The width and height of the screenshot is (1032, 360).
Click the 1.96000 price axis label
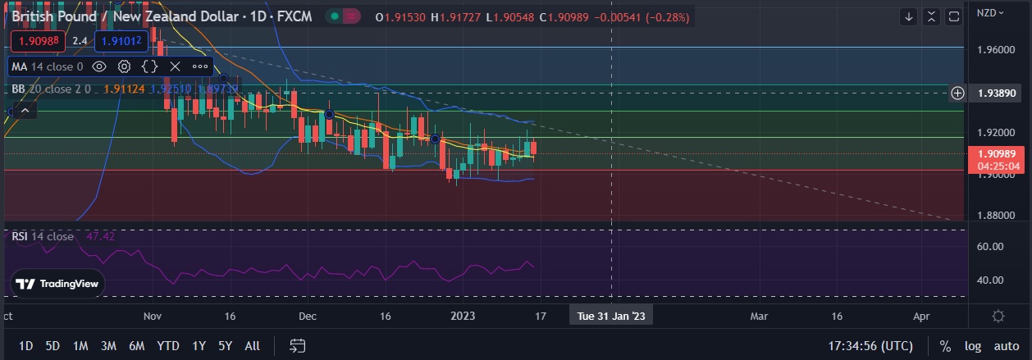click(996, 49)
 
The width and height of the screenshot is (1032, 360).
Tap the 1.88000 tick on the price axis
click(996, 216)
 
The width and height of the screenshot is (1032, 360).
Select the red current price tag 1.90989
click(995, 154)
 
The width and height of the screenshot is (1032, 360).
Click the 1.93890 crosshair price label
click(996, 93)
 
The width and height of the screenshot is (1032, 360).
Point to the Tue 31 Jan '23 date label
click(611, 315)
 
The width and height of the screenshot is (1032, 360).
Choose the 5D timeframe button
click(53, 346)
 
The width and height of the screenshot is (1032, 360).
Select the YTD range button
click(168, 346)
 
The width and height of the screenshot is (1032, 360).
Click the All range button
click(253, 346)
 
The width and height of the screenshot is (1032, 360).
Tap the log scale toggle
click(972, 346)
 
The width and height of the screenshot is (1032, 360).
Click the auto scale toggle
click(1005, 346)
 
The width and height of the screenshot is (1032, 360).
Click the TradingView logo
click(58, 284)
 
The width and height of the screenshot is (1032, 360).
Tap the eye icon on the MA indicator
click(99, 66)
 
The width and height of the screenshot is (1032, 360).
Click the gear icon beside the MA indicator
click(125, 66)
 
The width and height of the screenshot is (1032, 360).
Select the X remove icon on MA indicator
click(175, 66)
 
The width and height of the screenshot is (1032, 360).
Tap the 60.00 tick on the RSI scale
click(991, 246)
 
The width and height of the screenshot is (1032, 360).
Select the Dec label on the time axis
click(308, 315)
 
